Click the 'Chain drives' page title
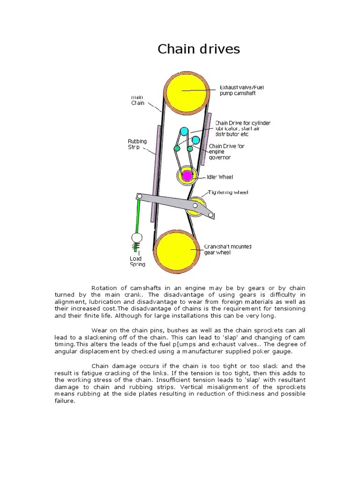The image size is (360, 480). click(198, 49)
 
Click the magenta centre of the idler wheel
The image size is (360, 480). click(187, 176)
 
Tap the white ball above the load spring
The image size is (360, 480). click(136, 238)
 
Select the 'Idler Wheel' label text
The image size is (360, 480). click(220, 177)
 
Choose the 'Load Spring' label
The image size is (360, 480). click(137, 261)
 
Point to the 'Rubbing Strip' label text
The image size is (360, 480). click(137, 143)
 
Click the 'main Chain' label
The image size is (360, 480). click(137, 100)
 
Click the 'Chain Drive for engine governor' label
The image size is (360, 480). click(226, 151)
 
